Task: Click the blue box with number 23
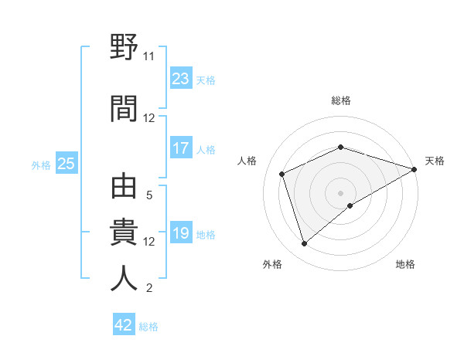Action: (x=181, y=79)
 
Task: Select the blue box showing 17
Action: (x=181, y=148)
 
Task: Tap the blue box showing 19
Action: (x=181, y=233)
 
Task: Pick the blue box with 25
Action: (x=66, y=164)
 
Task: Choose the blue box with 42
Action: (x=124, y=325)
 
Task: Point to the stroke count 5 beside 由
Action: (x=149, y=195)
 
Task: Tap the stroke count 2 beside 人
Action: (x=149, y=289)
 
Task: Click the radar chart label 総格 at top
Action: (x=341, y=100)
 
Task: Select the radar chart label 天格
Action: (x=435, y=161)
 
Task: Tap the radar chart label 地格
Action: (x=405, y=265)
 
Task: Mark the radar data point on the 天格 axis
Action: (x=415, y=169)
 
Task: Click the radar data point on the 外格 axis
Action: (x=304, y=244)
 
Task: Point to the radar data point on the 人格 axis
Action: (x=283, y=174)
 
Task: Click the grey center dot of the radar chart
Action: (x=341, y=192)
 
